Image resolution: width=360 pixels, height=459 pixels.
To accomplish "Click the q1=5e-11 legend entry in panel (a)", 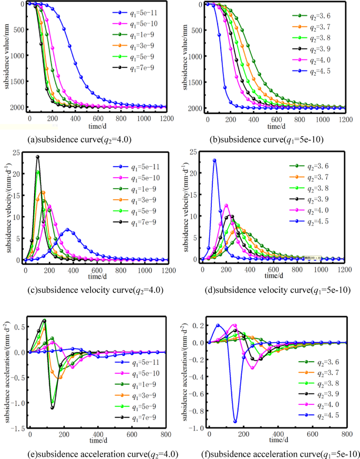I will (136, 12).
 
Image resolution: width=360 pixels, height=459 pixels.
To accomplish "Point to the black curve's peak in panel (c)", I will (38, 157).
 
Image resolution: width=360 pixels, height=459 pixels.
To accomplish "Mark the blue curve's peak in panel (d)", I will (214, 160).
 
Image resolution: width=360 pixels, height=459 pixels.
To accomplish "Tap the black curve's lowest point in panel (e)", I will (53, 407).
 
